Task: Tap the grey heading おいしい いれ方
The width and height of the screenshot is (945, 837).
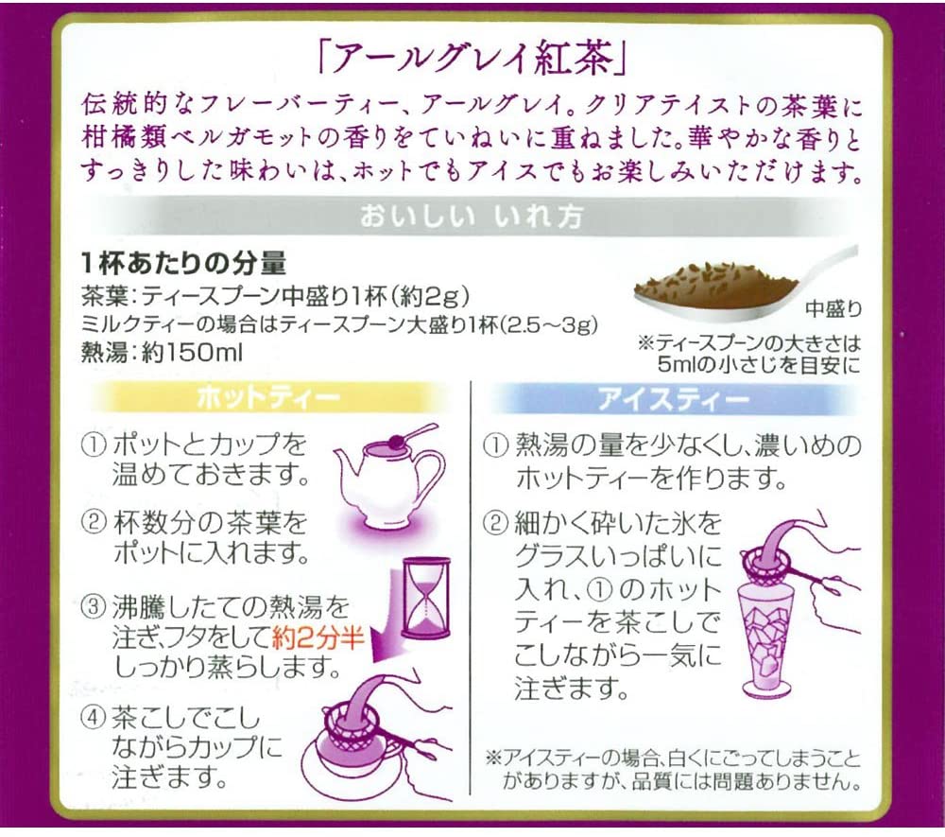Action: (x=472, y=217)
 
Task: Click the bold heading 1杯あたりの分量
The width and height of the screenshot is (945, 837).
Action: (x=184, y=262)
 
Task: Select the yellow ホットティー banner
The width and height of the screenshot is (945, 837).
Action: (x=268, y=398)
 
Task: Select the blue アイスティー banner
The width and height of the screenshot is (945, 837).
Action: (x=674, y=399)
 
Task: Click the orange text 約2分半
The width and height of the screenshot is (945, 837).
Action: (x=318, y=637)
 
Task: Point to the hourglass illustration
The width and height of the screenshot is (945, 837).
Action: (x=425, y=598)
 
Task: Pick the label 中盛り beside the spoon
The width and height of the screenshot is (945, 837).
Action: (x=833, y=309)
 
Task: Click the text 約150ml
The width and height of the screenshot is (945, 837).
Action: (x=192, y=353)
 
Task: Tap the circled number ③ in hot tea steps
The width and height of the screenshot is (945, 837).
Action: (x=94, y=606)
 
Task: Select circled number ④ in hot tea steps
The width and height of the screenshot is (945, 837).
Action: (x=94, y=719)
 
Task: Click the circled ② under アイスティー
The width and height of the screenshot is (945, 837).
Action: (x=495, y=523)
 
